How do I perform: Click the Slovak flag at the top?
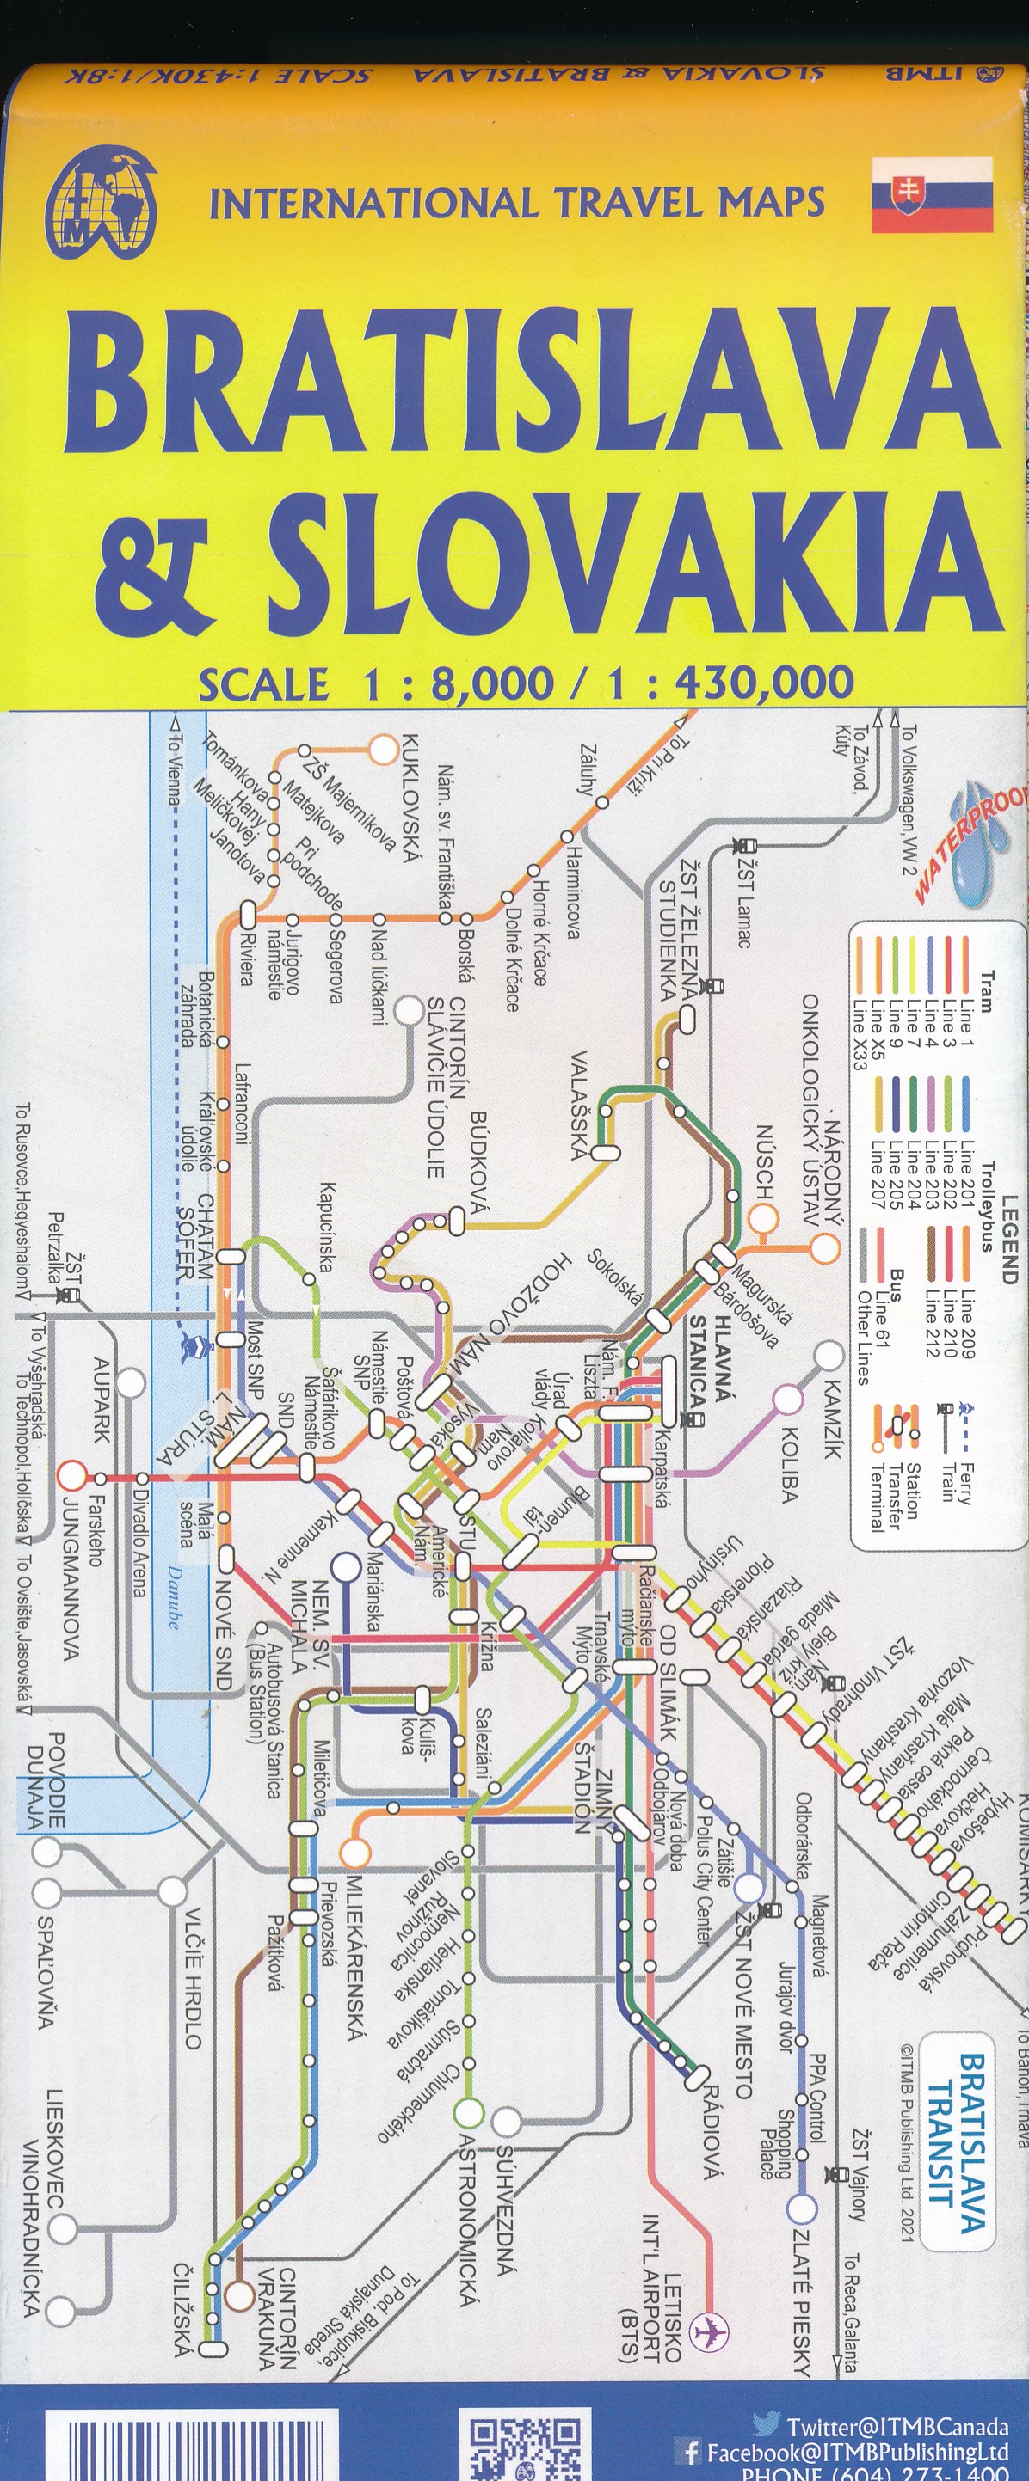click(x=932, y=194)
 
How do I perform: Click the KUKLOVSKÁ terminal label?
click(x=410, y=799)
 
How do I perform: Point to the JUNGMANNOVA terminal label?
click(x=70, y=1579)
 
